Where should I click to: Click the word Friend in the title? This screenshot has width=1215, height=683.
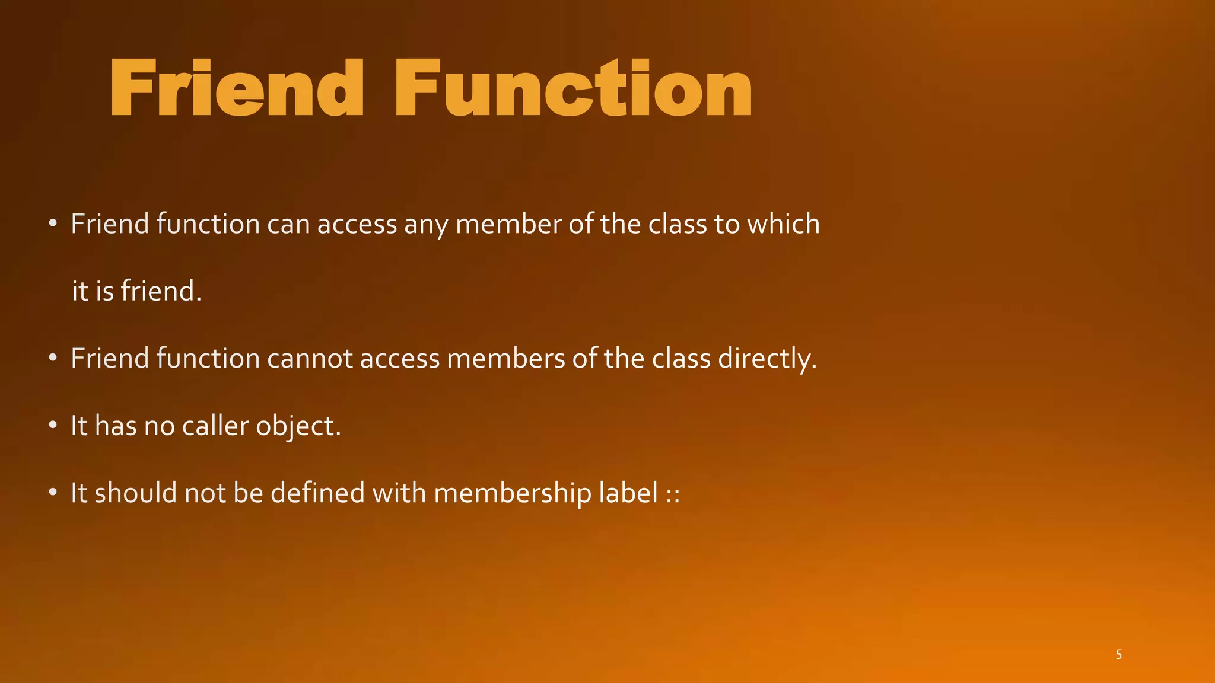tap(236, 89)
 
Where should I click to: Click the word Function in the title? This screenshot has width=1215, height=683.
tap(573, 89)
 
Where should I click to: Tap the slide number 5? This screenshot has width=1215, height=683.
tap(1118, 655)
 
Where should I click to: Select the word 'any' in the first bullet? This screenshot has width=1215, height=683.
tap(425, 225)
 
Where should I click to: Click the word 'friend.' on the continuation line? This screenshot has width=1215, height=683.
tap(161, 291)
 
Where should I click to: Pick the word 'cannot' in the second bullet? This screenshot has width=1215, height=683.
tap(310, 359)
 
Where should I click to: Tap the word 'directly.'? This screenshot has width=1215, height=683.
tap(767, 359)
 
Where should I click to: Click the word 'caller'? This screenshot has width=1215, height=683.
tap(215, 426)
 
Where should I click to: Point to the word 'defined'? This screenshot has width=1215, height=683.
tap(317, 493)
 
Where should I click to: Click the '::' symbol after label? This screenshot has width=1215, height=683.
tap(673, 494)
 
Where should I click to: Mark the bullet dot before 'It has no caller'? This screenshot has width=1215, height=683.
tap(53, 425)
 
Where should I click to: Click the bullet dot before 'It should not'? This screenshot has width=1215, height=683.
tap(53, 492)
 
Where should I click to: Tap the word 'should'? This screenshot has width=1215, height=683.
tap(135, 493)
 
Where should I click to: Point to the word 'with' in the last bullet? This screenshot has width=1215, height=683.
tap(399, 493)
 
